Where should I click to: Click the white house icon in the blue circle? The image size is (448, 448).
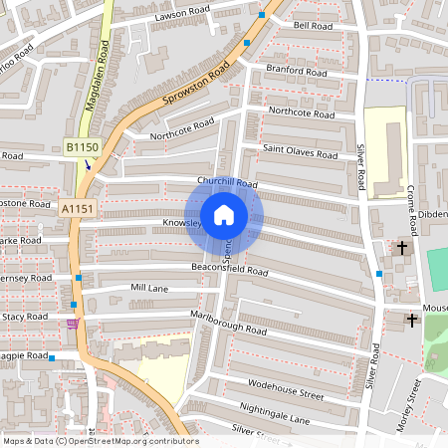point(224,215)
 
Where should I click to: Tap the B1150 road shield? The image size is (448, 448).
point(84,147)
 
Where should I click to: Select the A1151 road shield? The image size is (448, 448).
point(77,209)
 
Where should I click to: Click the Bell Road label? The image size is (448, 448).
point(312,25)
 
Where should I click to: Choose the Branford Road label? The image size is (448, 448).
point(297,72)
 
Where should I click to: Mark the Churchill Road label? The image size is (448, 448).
point(227,183)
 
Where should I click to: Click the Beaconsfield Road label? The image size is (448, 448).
point(230,270)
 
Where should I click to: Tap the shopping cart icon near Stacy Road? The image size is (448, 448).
point(71,324)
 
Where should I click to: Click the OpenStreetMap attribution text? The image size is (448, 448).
point(101,441)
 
